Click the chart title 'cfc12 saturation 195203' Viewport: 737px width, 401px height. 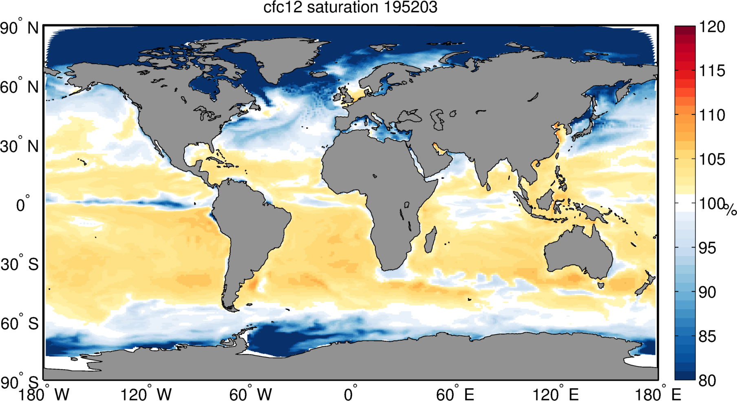point(350,7)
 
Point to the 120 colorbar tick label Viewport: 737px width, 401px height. point(712,27)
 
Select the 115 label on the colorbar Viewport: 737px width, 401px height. point(712,71)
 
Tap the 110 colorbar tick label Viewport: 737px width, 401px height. point(712,115)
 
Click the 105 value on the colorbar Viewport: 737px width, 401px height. point(712,159)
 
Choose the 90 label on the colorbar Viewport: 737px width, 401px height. point(707,292)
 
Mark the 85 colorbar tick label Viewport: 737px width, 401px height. point(707,337)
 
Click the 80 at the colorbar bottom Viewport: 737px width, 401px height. point(707,381)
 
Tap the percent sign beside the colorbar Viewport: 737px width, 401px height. point(730,210)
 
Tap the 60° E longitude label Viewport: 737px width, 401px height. point(455,394)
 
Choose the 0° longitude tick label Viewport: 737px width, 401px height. point(349,394)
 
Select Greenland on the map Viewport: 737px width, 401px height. point(281,57)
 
